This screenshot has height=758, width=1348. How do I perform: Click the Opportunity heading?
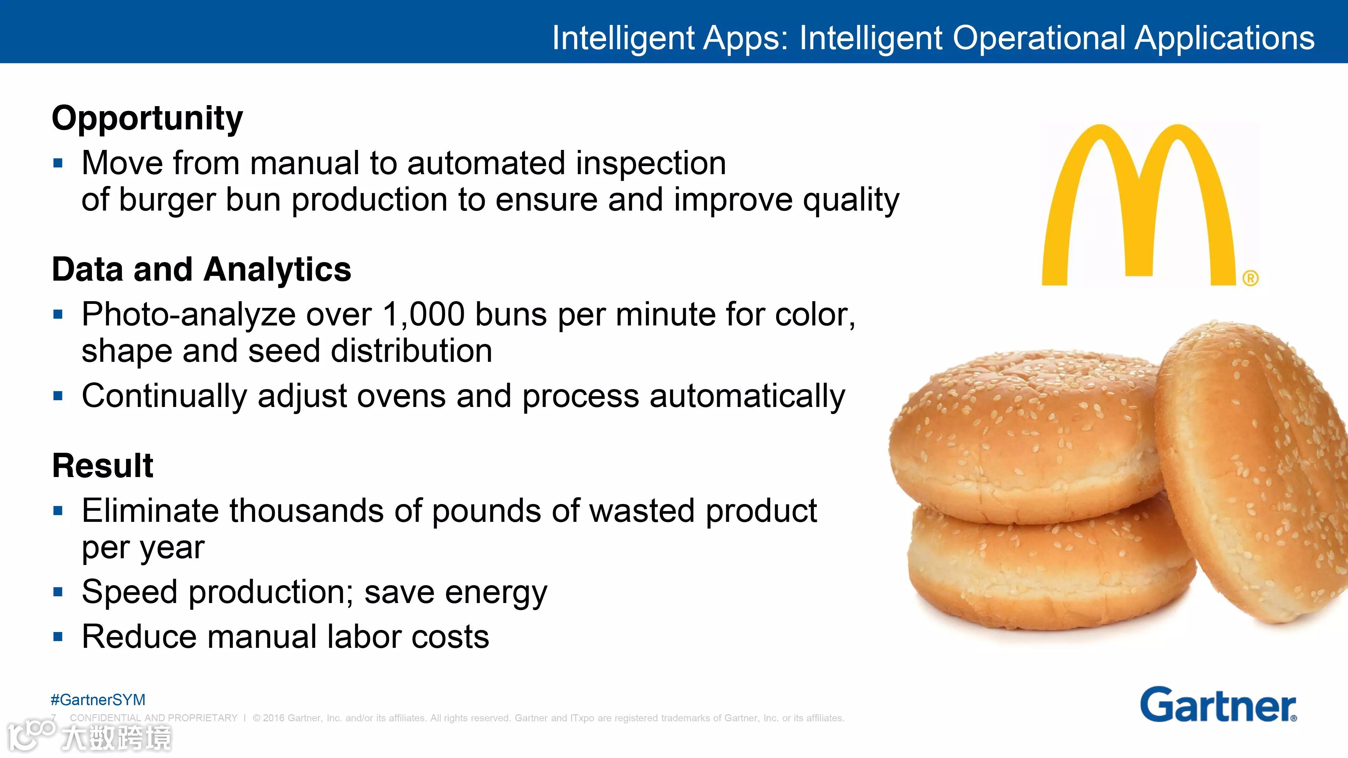coord(148,119)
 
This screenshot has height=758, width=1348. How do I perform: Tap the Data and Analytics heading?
coord(202,270)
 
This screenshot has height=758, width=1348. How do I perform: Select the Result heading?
coord(102,466)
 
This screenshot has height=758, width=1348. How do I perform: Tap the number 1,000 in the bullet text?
coord(423,315)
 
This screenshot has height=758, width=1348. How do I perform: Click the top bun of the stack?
coord(1025,434)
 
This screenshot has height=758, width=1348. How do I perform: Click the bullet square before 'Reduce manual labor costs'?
coord(58,637)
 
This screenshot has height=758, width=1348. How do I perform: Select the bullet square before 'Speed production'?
coord(58,592)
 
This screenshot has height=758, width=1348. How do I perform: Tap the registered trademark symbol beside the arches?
coord(1251,278)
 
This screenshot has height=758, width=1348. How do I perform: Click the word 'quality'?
coord(851,201)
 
